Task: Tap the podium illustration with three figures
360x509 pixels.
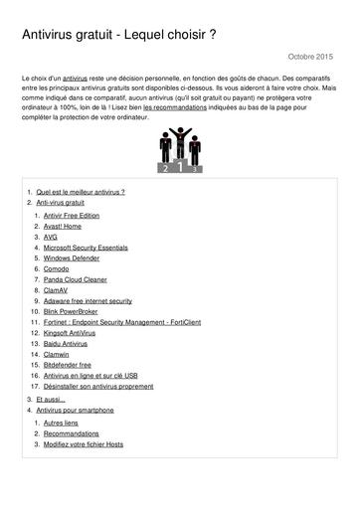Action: (180, 151)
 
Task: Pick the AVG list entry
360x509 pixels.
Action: (52, 239)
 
